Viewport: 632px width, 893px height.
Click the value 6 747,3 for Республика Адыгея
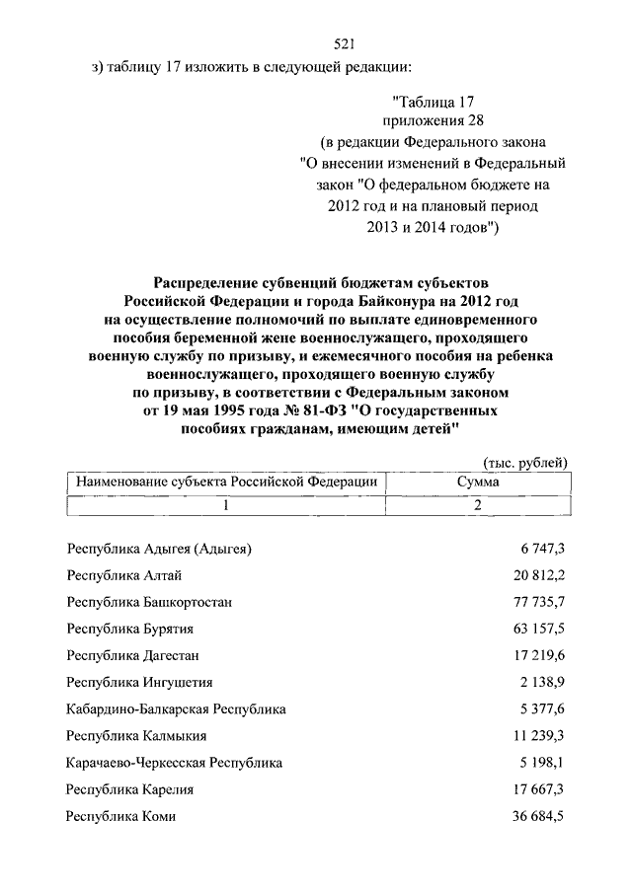click(537, 548)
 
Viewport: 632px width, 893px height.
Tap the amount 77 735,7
click(534, 601)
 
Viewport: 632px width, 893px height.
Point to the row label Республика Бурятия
click(129, 628)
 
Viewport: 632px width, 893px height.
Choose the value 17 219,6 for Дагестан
click(534, 654)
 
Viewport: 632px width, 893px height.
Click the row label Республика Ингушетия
click(139, 681)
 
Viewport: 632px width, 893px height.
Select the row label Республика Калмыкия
click(136, 735)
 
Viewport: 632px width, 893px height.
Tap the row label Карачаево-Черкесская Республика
click(174, 762)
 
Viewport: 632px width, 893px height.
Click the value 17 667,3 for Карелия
click(534, 788)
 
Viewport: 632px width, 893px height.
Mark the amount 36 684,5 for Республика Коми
click(534, 815)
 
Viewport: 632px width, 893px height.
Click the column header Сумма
click(478, 482)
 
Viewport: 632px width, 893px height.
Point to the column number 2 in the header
click(478, 505)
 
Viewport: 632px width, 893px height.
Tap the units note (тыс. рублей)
click(524, 462)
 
